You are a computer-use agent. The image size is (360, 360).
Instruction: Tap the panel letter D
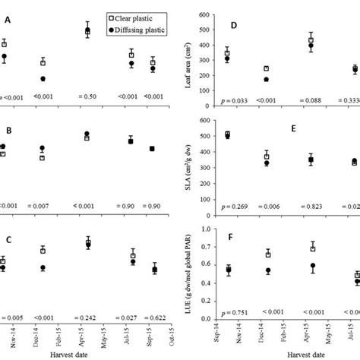235,27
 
